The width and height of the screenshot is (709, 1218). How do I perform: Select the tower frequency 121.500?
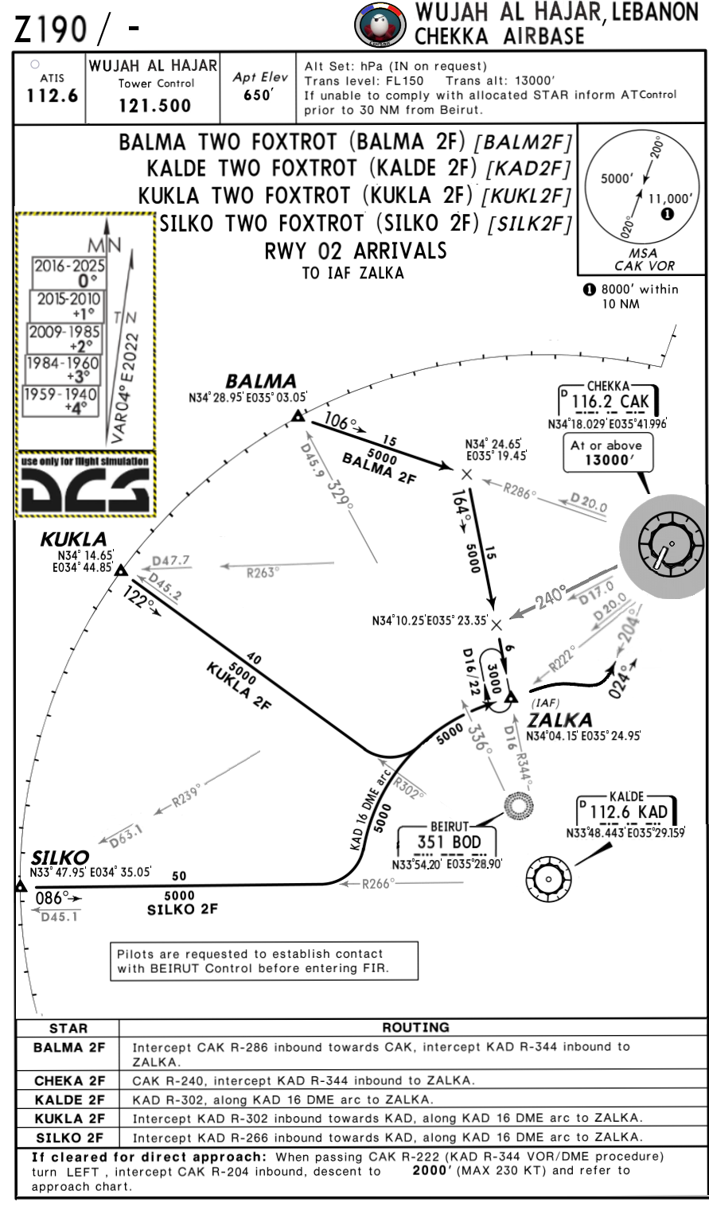[x=154, y=106]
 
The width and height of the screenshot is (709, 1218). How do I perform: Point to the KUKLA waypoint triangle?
[x=121, y=570]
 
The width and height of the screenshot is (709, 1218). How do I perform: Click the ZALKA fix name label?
[x=560, y=720]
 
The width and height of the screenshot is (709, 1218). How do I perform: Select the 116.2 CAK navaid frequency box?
[x=610, y=402]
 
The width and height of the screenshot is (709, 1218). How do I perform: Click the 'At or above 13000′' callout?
[x=606, y=452]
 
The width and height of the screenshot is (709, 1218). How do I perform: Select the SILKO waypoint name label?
[x=60, y=857]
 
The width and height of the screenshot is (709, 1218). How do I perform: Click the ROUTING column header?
[x=416, y=1027]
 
